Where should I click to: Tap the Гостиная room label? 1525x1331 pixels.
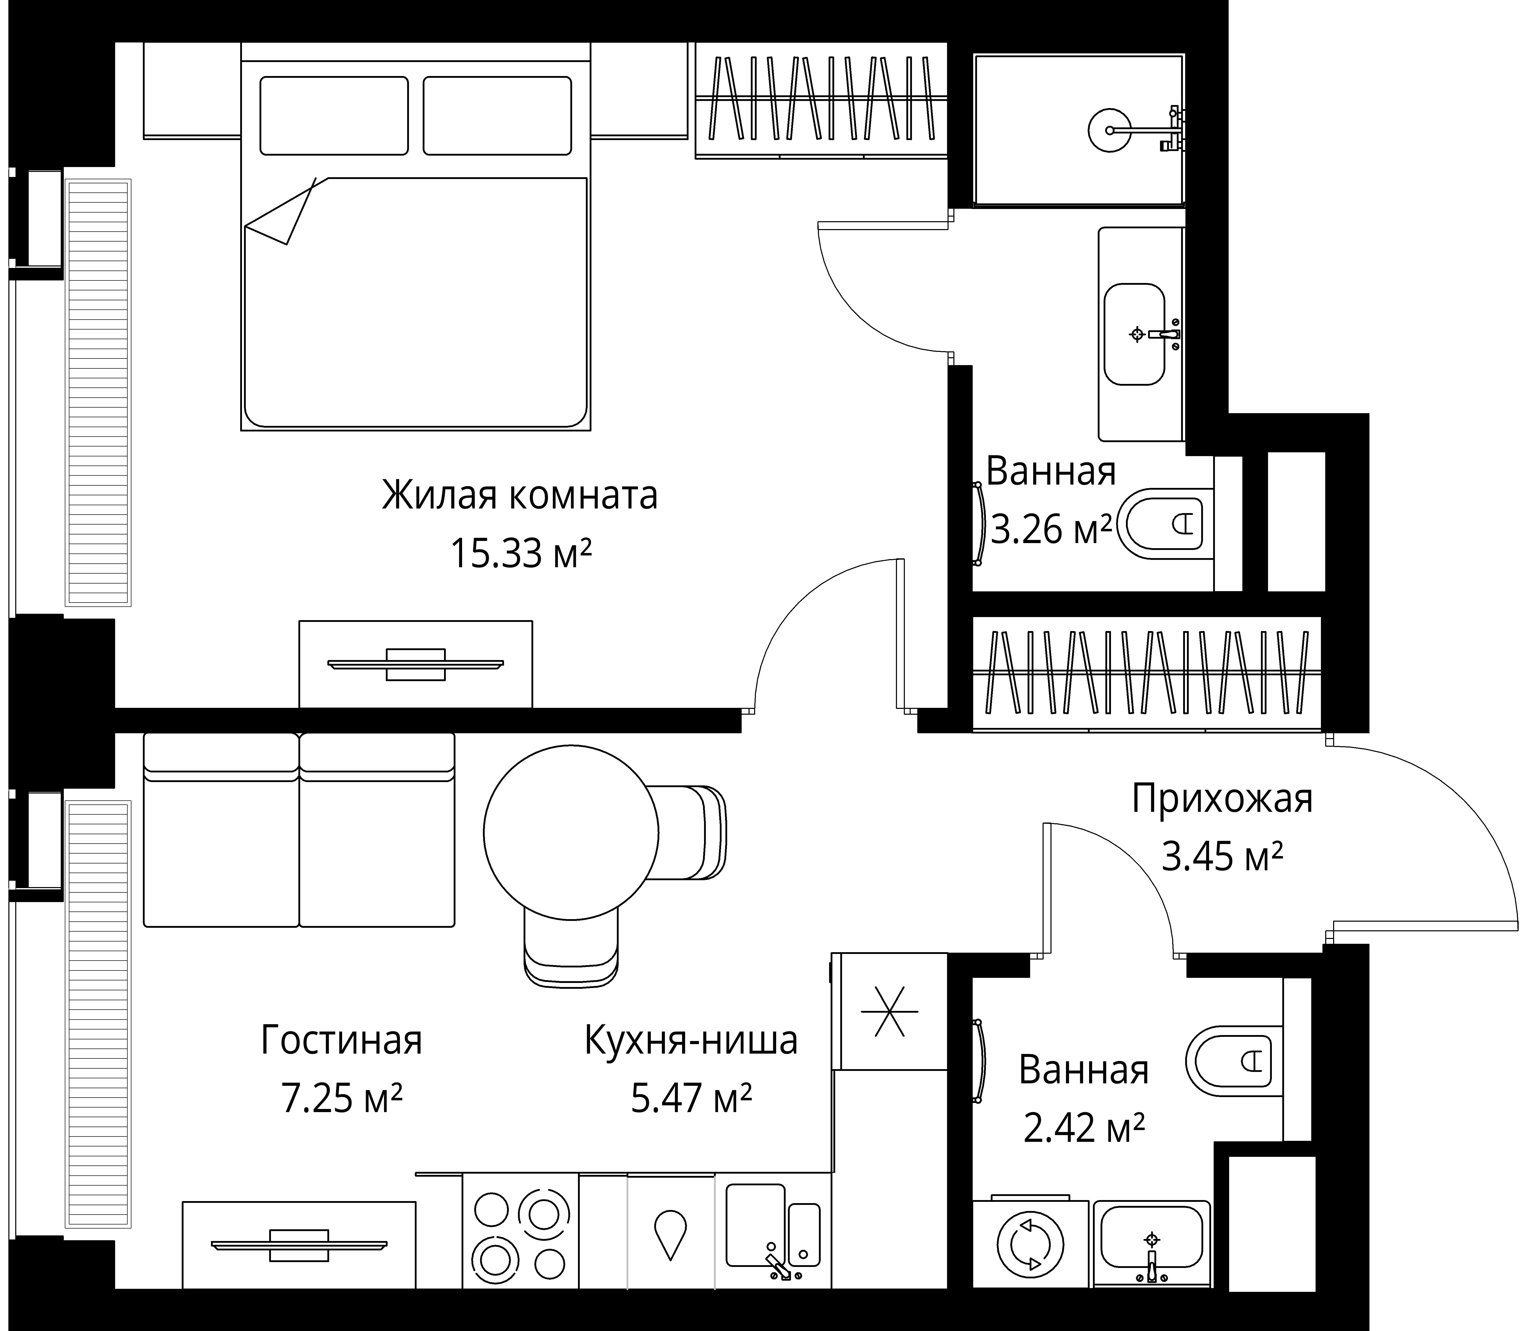click(x=342, y=1041)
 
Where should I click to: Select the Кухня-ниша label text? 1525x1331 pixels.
click(x=691, y=1041)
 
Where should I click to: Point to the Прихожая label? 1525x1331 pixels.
click(x=1222, y=799)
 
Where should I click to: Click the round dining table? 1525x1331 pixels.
click(x=571, y=832)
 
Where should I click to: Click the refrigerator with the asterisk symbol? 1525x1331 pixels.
click(x=890, y=1012)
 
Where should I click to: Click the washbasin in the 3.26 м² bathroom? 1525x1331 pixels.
click(x=1134, y=334)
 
